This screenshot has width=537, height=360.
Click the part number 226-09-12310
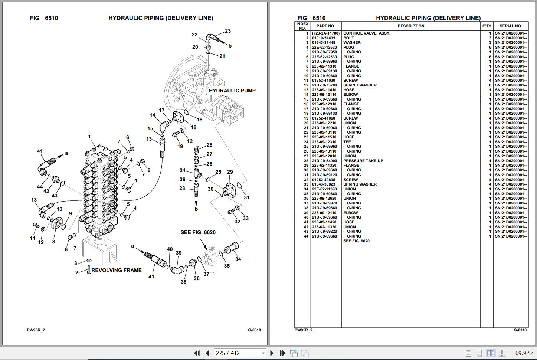[x=324, y=142]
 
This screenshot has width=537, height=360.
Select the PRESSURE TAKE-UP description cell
[x=363, y=161]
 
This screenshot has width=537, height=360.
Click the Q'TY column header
[x=487, y=26]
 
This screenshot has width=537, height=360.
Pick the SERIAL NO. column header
[x=511, y=26]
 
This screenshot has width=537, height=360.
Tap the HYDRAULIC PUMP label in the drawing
[x=232, y=91]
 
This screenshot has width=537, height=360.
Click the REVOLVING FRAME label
[x=117, y=270]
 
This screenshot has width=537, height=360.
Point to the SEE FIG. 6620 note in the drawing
[x=198, y=232]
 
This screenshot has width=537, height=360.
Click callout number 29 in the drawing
[x=230, y=172]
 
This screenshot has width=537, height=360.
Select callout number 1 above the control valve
[x=89, y=137]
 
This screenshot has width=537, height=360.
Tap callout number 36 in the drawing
[x=197, y=278]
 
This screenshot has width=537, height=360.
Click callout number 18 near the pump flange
[x=199, y=120]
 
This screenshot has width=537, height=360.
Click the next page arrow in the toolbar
[x=272, y=353]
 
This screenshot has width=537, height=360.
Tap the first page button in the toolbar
[x=197, y=353]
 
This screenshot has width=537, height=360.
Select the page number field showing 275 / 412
[x=240, y=353]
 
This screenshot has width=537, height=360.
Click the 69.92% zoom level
[x=525, y=353]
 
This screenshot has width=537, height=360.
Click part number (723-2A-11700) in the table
[x=326, y=33]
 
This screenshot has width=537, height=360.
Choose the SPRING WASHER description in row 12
[x=360, y=85]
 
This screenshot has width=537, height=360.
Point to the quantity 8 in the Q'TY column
[x=490, y=85]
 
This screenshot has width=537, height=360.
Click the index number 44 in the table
[x=306, y=236]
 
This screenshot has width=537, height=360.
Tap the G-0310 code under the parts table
[x=520, y=330]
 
